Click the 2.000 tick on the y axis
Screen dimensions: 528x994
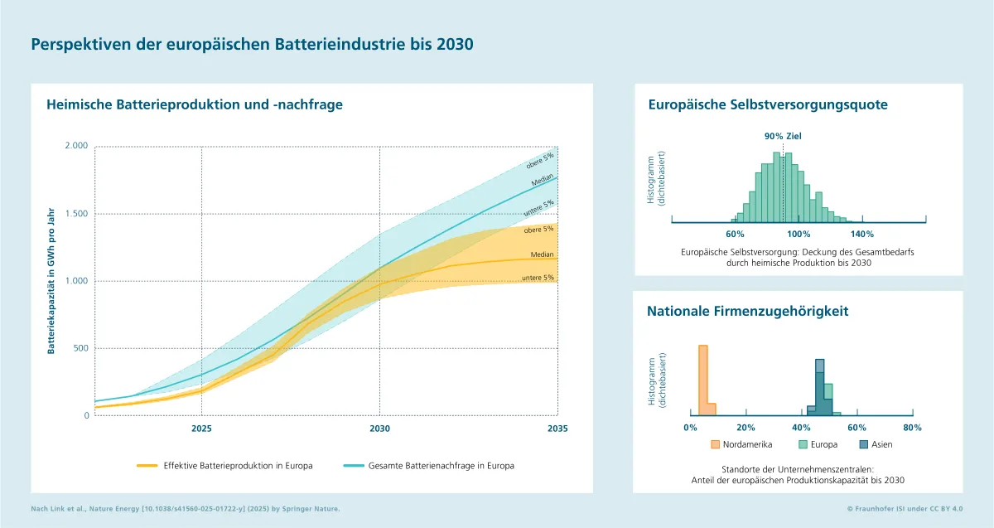tap(75, 146)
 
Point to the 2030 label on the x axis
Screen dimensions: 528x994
tap(379, 429)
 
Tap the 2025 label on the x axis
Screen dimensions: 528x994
tap(202, 429)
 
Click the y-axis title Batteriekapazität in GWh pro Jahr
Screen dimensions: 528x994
tap(51, 280)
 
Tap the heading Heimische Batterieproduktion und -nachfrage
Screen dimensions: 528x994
tap(195, 104)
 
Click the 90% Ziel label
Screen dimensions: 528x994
tap(783, 136)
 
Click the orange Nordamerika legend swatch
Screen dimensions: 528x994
tap(716, 444)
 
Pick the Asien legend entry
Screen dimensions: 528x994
tap(845, 444)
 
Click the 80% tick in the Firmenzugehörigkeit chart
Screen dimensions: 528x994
tap(912, 428)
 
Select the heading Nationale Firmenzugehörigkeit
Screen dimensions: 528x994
tap(747, 312)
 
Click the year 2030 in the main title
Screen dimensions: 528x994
tap(456, 45)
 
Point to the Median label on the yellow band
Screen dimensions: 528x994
tap(543, 254)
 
